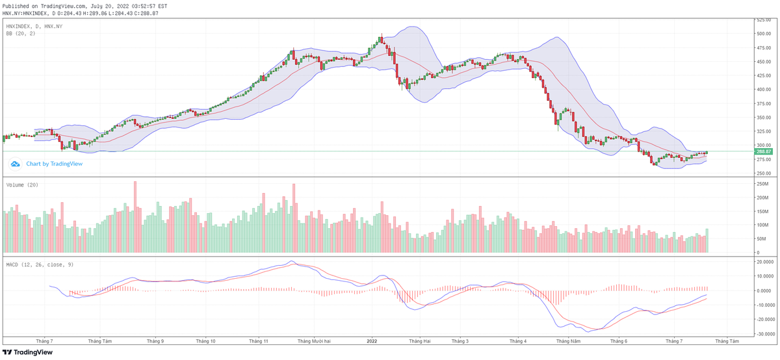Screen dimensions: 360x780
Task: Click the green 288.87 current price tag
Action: coord(763,151)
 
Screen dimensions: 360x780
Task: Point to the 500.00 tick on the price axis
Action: coord(763,33)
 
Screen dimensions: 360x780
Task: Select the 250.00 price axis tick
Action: coord(763,173)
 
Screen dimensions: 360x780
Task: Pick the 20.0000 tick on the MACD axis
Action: coord(764,262)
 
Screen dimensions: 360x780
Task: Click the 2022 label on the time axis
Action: coord(372,341)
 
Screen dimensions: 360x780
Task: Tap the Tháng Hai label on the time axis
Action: coord(419,341)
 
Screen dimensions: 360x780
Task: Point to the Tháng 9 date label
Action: coord(155,341)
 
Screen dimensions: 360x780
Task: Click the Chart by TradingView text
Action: coord(55,164)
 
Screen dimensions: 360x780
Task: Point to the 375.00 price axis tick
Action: coord(763,103)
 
